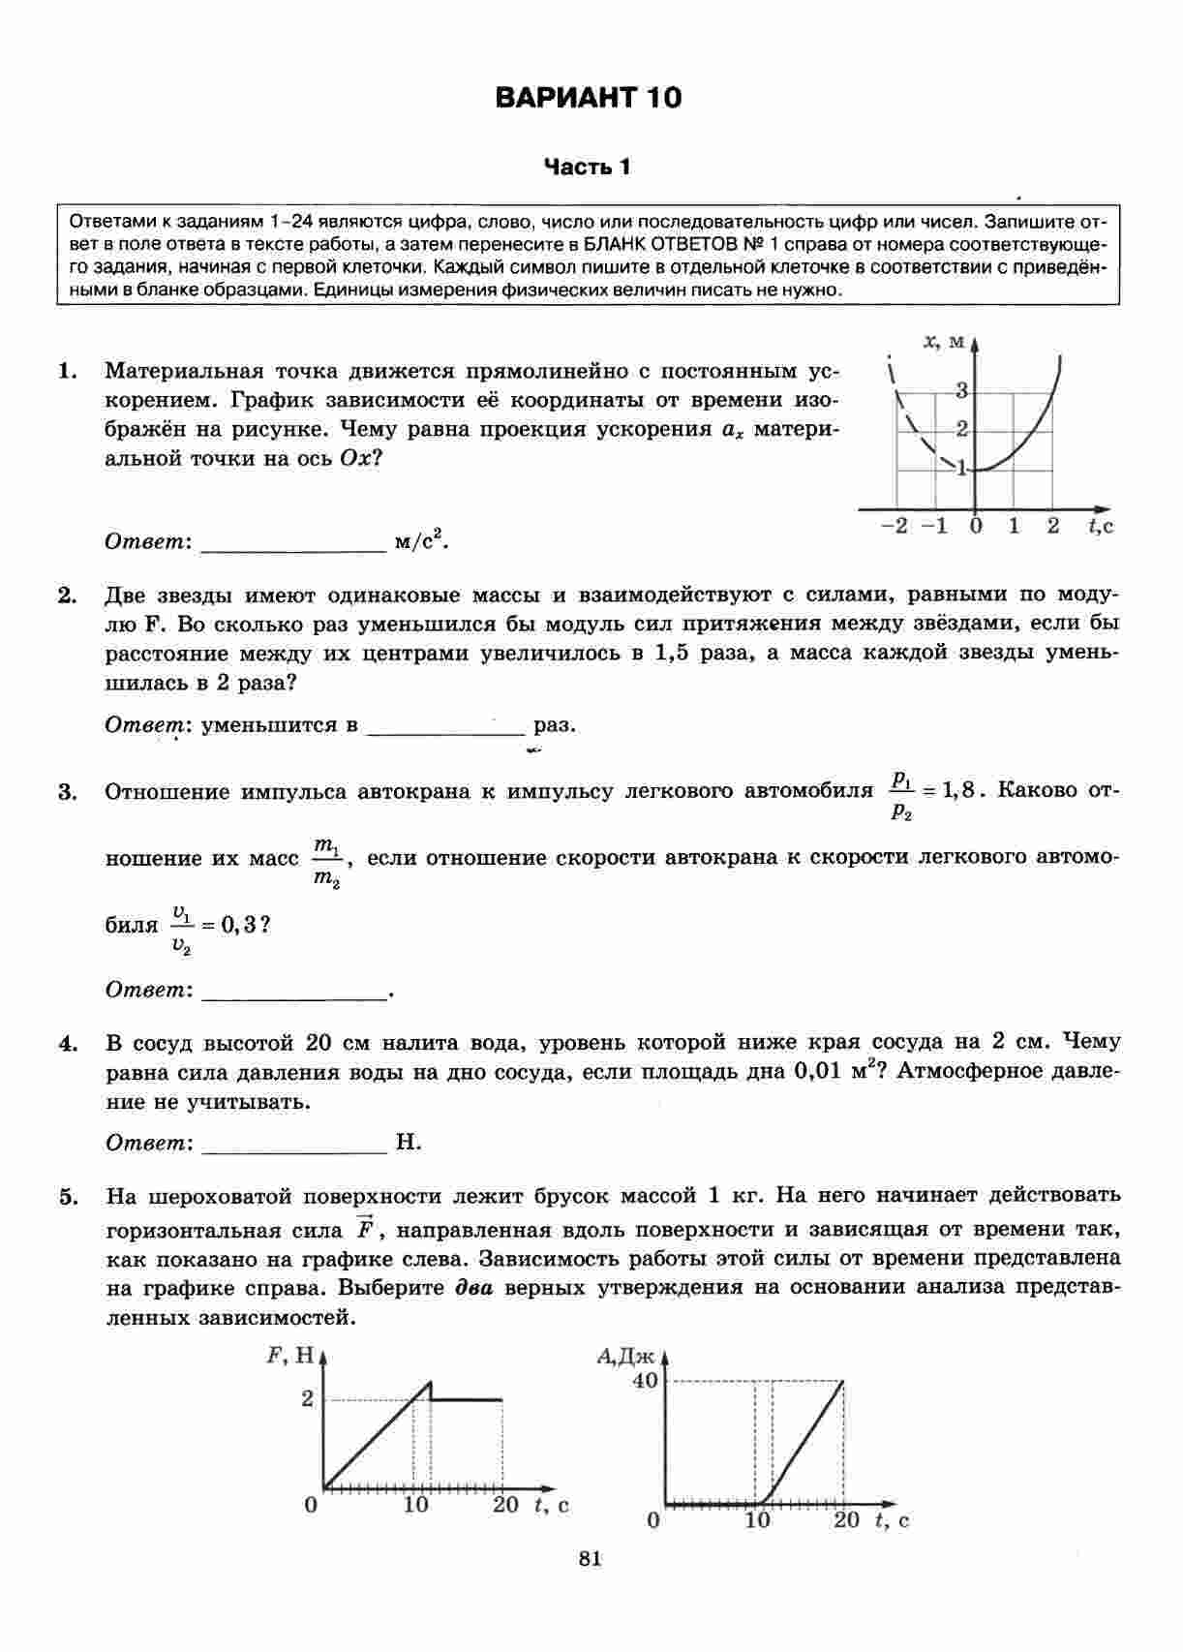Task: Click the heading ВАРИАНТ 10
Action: (x=588, y=98)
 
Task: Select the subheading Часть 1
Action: (x=587, y=168)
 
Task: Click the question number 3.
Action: (x=67, y=793)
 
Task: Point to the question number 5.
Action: (x=67, y=1198)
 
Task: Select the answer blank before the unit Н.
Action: (x=295, y=1144)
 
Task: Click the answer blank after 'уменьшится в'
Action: (x=445, y=726)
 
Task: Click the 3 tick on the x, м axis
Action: (x=961, y=391)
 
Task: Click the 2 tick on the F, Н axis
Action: (x=307, y=1398)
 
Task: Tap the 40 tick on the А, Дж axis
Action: (x=645, y=1381)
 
